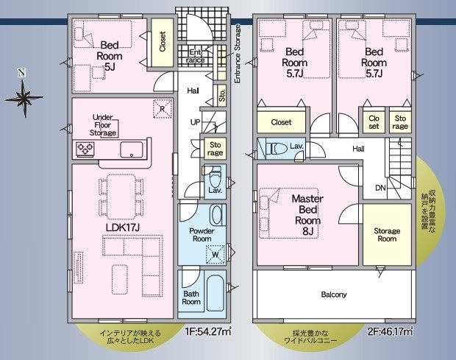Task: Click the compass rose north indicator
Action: [x=24, y=93]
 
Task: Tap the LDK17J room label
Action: [x=123, y=227]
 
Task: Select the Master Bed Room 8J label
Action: [x=307, y=215]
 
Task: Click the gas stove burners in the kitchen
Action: [x=85, y=149]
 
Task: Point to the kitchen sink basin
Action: [x=132, y=149]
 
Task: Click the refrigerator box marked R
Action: [x=163, y=109]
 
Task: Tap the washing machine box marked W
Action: [x=215, y=255]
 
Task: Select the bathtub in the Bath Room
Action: [x=215, y=293]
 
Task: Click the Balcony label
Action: [x=334, y=294]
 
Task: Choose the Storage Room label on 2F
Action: [x=387, y=235]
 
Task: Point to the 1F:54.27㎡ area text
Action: [x=208, y=331]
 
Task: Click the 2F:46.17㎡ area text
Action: [x=390, y=331]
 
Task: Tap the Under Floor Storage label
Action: [x=103, y=125]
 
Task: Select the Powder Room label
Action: [x=202, y=235]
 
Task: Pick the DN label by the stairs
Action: [x=380, y=188]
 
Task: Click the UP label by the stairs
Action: [x=195, y=122]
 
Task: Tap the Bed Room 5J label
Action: [x=109, y=56]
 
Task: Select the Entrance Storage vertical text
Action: [x=238, y=54]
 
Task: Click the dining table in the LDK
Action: [x=121, y=197]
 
